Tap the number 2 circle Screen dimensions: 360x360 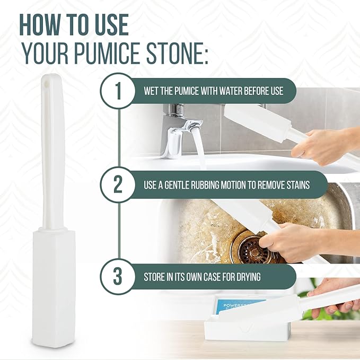(118, 185)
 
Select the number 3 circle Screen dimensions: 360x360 (118, 277)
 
